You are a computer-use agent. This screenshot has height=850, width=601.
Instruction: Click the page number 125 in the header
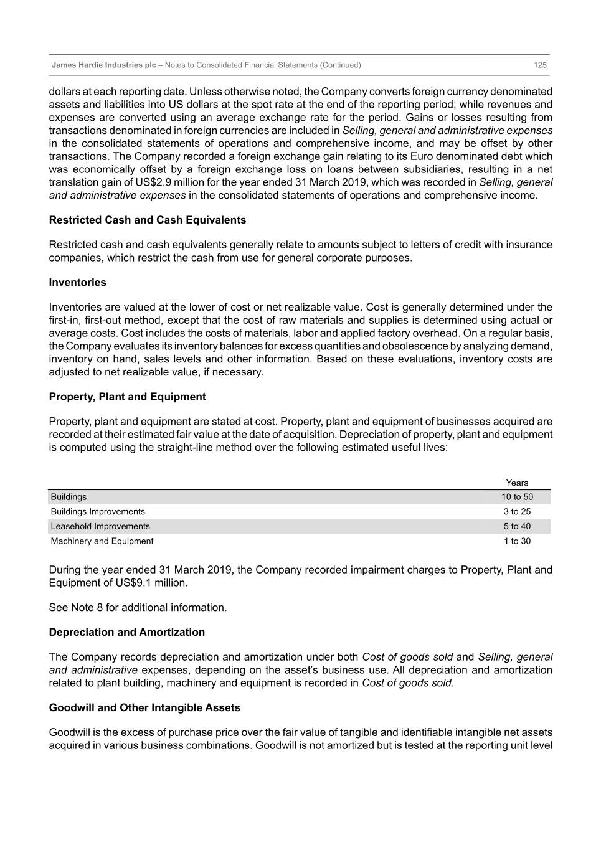click(540, 65)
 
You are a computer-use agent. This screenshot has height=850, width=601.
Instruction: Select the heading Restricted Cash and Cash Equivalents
click(148, 220)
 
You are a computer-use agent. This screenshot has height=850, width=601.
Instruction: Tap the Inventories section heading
click(78, 282)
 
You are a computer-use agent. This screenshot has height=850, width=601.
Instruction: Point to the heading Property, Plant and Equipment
click(127, 397)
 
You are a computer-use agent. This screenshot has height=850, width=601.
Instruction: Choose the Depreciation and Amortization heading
click(127, 632)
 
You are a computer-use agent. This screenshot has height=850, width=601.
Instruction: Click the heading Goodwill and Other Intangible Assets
click(144, 707)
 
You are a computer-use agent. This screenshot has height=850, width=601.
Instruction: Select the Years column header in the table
click(517, 483)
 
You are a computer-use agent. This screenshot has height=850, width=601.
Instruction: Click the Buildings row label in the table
click(69, 497)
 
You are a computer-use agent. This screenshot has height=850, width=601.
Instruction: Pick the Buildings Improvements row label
click(98, 512)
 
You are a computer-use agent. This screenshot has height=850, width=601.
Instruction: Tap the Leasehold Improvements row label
click(100, 526)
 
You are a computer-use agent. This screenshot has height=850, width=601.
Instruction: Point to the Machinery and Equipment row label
click(102, 541)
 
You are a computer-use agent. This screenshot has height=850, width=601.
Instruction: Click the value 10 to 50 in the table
click(517, 497)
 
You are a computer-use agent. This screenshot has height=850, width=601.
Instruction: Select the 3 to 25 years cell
click(517, 512)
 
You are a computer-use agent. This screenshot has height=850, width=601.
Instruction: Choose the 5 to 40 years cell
click(517, 526)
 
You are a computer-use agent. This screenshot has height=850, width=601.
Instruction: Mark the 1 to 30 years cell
click(517, 541)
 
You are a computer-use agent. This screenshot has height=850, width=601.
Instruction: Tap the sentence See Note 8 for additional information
click(138, 607)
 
